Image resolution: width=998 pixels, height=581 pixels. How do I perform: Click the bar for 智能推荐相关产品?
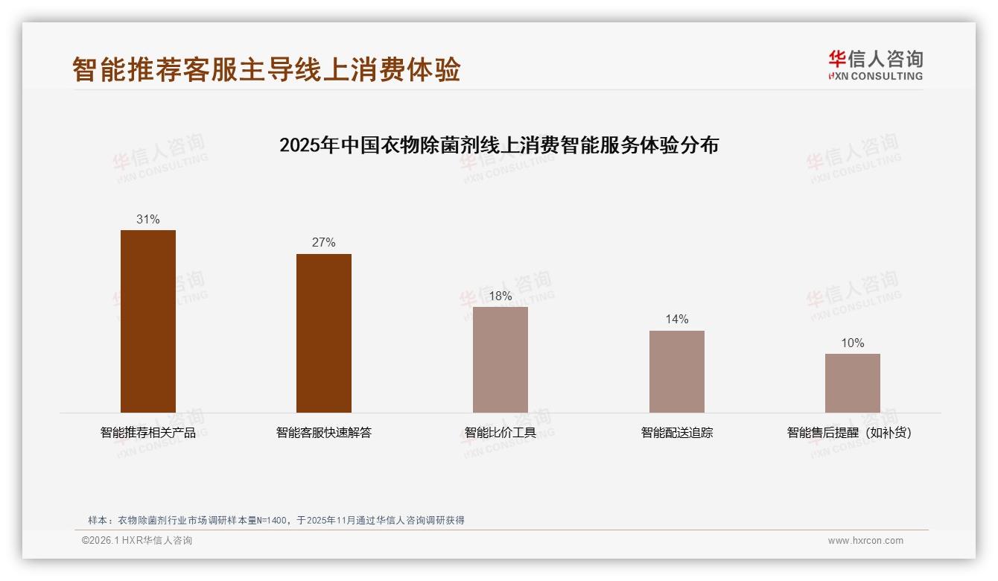pos(148,321)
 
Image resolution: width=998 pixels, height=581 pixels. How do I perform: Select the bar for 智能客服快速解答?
pos(324,333)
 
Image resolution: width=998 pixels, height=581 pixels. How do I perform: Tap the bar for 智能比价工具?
pos(500,360)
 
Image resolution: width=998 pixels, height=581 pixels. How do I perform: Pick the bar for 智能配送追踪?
pos(676,372)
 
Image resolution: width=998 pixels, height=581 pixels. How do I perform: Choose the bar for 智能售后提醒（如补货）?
pos(852,383)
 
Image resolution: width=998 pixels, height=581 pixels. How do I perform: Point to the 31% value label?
pos(148,219)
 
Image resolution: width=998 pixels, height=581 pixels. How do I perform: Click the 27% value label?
pos(324,242)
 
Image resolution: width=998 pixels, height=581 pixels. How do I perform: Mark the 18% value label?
pos(500,296)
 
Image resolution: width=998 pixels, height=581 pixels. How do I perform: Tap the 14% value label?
pos(676,319)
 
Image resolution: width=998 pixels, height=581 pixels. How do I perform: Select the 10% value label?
pos(852,343)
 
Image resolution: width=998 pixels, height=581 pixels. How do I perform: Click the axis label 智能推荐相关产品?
pos(148,432)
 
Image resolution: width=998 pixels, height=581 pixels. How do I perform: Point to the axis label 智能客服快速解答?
pos(324,432)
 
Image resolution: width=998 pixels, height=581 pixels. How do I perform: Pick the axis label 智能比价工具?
pos(500,432)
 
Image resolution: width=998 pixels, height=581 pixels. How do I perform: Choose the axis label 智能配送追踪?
pos(676,432)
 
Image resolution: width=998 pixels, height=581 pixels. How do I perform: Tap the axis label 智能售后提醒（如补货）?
pos(850,432)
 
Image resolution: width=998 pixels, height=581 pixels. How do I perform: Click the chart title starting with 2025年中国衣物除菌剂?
pos(499,145)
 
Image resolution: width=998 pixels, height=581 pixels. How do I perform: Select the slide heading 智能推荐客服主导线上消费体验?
pos(267,69)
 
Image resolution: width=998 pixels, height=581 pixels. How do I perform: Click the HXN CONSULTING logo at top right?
pos(875,66)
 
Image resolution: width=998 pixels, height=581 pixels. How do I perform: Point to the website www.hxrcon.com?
pos(865,541)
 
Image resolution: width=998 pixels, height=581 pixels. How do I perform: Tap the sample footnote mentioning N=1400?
pos(276,520)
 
